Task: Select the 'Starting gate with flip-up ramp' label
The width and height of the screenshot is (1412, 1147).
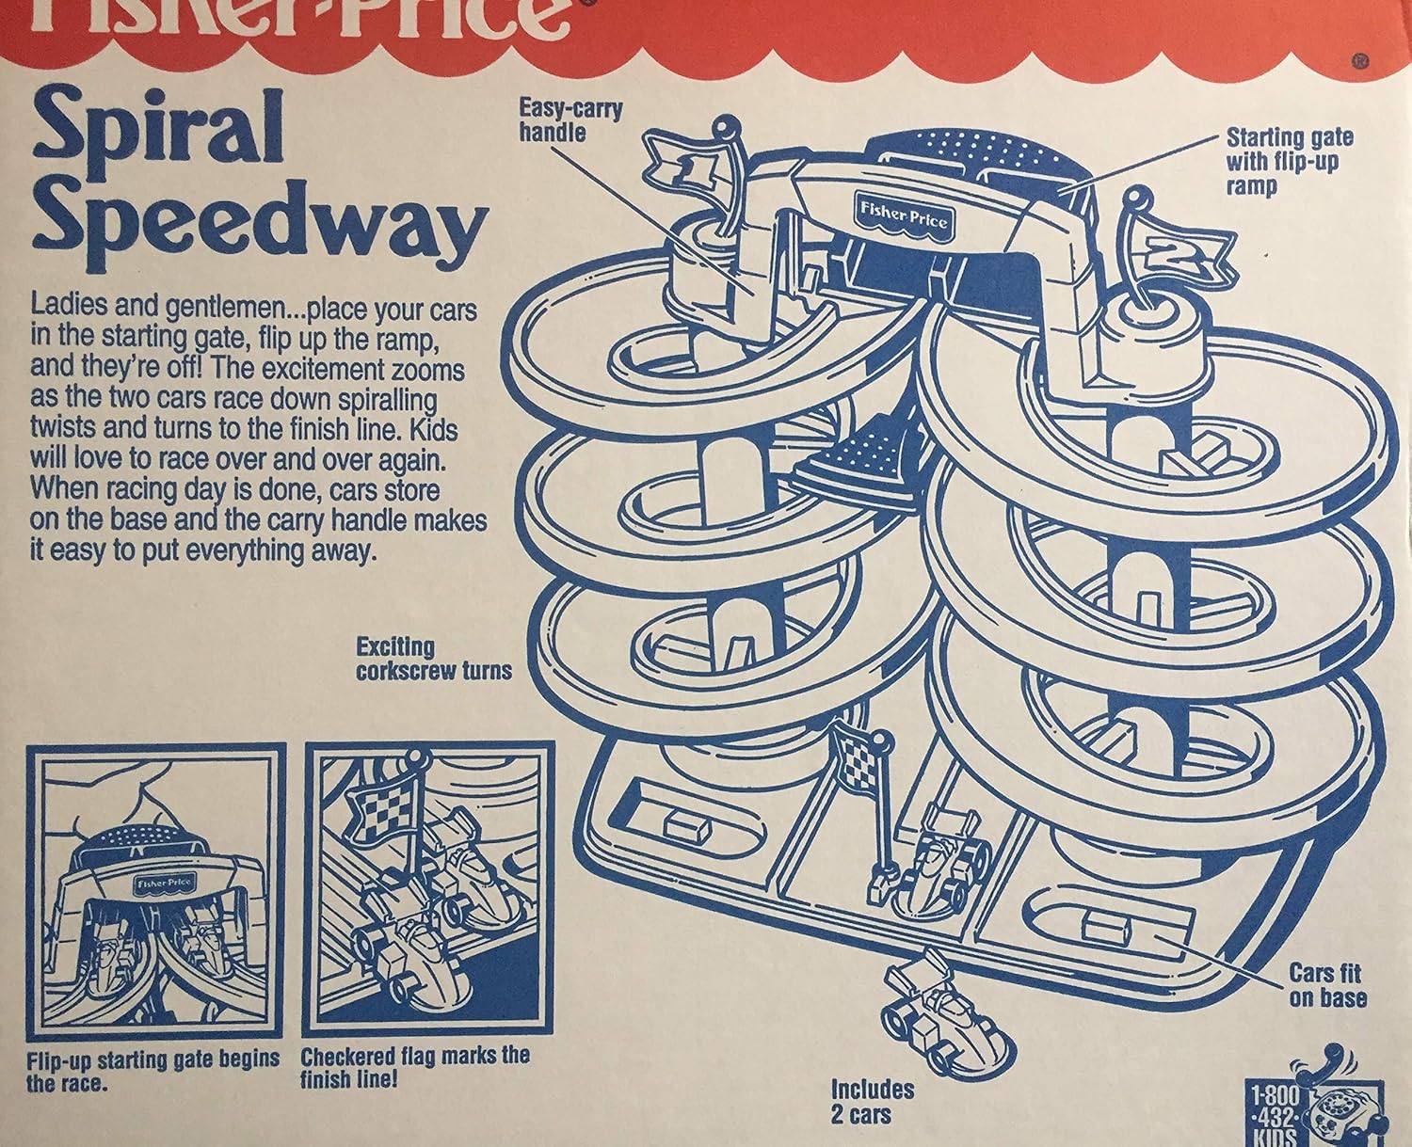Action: (1289, 162)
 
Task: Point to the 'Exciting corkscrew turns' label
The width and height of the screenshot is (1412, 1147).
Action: (433, 659)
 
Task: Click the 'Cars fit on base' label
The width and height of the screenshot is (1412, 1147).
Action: (1326, 985)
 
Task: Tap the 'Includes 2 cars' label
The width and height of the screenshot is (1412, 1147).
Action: (872, 1101)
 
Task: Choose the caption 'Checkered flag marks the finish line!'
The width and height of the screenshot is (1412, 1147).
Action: (414, 1067)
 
